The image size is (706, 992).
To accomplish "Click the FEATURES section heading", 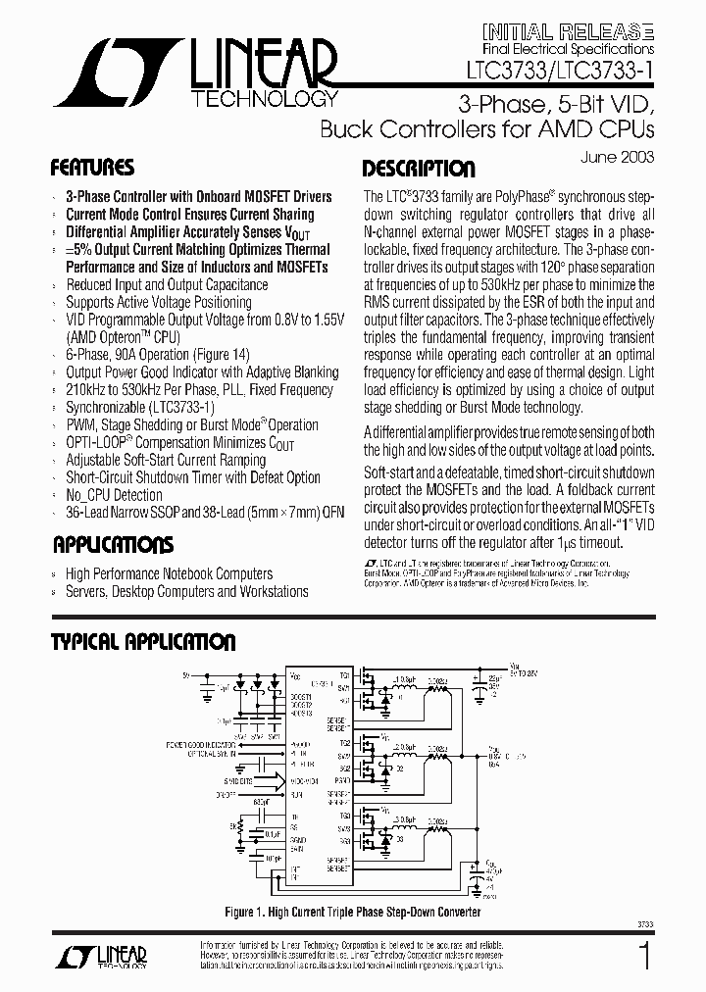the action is point(92,168).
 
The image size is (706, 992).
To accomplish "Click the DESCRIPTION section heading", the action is point(419,170).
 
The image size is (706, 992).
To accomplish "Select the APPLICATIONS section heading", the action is point(113,545).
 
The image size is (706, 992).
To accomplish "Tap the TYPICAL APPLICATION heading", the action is point(143,643).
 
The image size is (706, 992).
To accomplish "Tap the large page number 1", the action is point(644,957).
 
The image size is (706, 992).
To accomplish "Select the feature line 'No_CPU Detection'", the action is point(114,495).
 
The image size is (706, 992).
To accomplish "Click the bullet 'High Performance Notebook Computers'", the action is point(169,573).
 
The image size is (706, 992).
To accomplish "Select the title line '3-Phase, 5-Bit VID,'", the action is point(557,105).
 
